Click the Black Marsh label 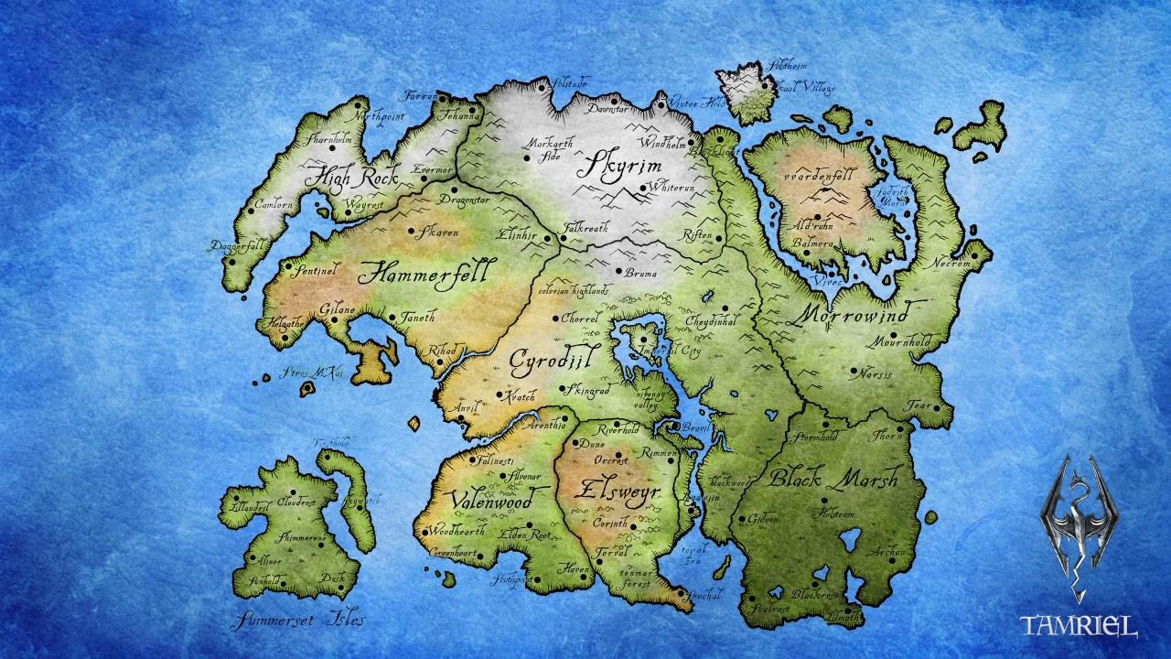click(x=833, y=478)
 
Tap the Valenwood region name click(x=492, y=501)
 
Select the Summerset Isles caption click(x=299, y=620)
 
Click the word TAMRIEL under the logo click(x=1080, y=626)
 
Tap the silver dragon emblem click(x=1080, y=526)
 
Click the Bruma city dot click(x=619, y=272)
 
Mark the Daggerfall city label click(x=236, y=245)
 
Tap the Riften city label click(x=697, y=235)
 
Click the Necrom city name click(x=951, y=263)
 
